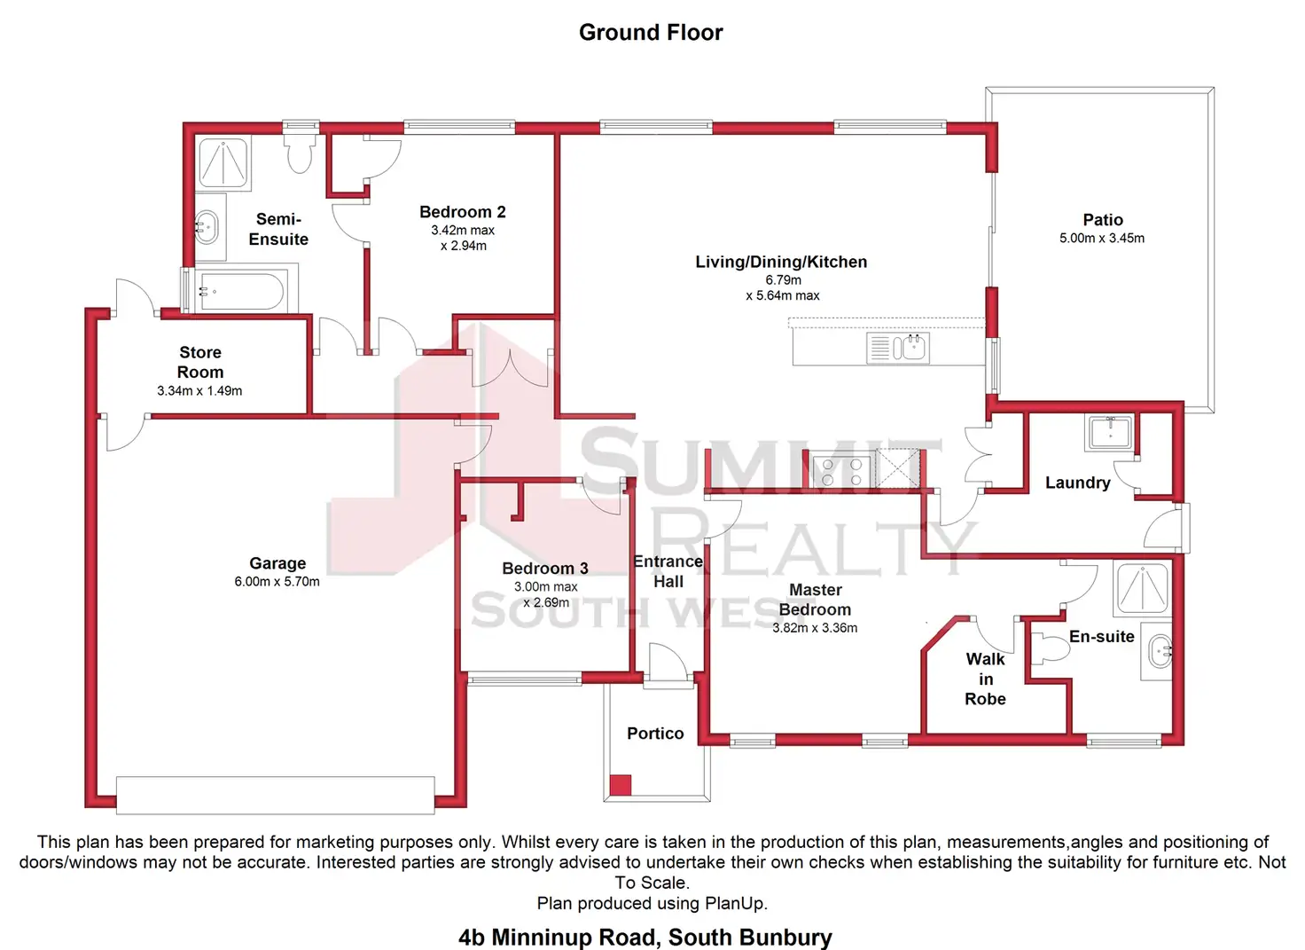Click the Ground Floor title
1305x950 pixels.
pyautogui.click(x=651, y=33)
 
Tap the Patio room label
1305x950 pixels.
pyautogui.click(x=1102, y=220)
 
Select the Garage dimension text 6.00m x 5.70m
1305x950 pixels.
pyautogui.click(x=277, y=582)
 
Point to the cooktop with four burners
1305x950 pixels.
pyautogui.click(x=841, y=471)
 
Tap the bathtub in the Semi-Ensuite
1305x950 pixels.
pyautogui.click(x=241, y=291)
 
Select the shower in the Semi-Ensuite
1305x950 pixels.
pyautogui.click(x=223, y=161)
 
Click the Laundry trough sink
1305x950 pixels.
pyautogui.click(x=1109, y=432)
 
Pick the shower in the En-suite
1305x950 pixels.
pyautogui.click(x=1142, y=587)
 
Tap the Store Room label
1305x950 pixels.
pyautogui.click(x=200, y=362)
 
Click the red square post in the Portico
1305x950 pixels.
pyautogui.click(x=621, y=784)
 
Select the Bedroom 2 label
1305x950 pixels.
pyautogui.click(x=462, y=212)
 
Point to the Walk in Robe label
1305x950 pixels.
pyautogui.click(x=985, y=679)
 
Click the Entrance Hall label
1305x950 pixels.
pyautogui.click(x=668, y=571)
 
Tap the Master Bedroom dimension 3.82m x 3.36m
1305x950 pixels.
pyautogui.click(x=815, y=628)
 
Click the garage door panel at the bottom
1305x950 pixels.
pyautogui.click(x=275, y=795)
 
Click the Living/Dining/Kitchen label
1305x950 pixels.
pyautogui.click(x=781, y=262)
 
